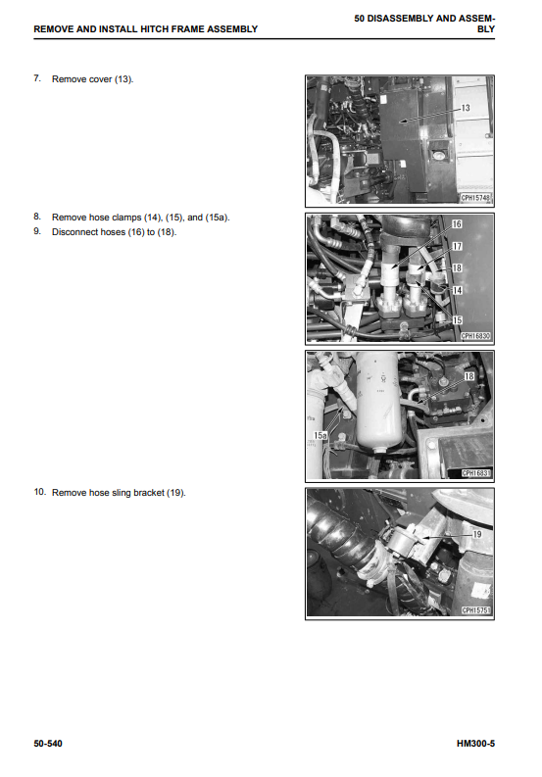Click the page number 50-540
pyautogui.click(x=48, y=744)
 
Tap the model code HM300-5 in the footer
pyautogui.click(x=475, y=744)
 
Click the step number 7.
pyautogui.click(x=37, y=78)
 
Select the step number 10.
pyautogui.click(x=39, y=492)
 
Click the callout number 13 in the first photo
pyautogui.click(x=466, y=108)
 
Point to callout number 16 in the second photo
pyautogui.click(x=457, y=224)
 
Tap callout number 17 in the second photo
pyautogui.click(x=457, y=246)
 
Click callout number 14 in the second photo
pyautogui.click(x=457, y=290)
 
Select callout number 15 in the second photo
pyautogui.click(x=457, y=320)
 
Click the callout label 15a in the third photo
pyautogui.click(x=320, y=436)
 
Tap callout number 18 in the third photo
pyautogui.click(x=469, y=376)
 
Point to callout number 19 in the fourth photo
pyautogui.click(x=477, y=534)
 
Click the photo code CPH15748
pyautogui.click(x=475, y=198)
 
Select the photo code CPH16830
pyautogui.click(x=475, y=336)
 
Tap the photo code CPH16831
pyautogui.click(x=475, y=473)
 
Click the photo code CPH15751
pyautogui.click(x=475, y=610)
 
